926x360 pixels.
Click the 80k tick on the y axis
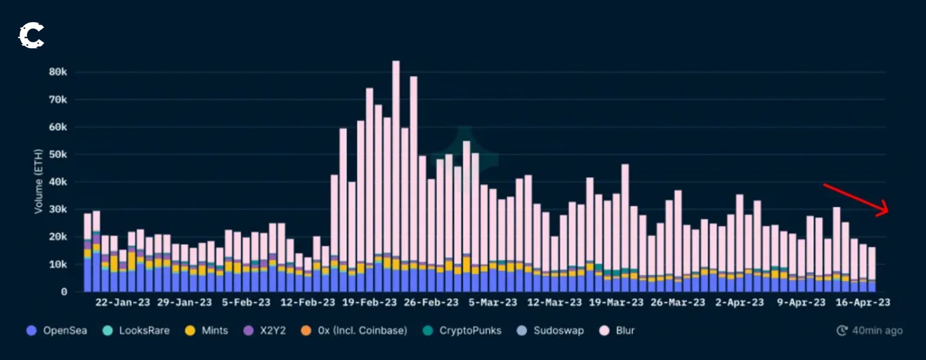58,72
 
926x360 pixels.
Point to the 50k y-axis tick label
58,154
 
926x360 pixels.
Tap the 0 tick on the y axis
64,292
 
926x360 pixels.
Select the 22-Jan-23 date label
122,302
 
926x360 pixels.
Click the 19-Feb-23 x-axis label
369,302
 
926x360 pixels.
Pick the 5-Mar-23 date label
492,302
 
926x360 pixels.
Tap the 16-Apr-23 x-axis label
863,302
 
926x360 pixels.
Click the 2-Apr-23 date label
739,302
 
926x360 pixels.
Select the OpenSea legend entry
57,330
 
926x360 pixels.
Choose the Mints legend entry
207,330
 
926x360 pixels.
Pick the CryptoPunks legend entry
462,330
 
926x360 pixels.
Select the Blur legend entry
617,330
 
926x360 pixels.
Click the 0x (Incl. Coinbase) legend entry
354,330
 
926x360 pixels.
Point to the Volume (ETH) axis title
38,181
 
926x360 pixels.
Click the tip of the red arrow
888,210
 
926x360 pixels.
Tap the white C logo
31,35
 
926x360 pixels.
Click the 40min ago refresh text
870,330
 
